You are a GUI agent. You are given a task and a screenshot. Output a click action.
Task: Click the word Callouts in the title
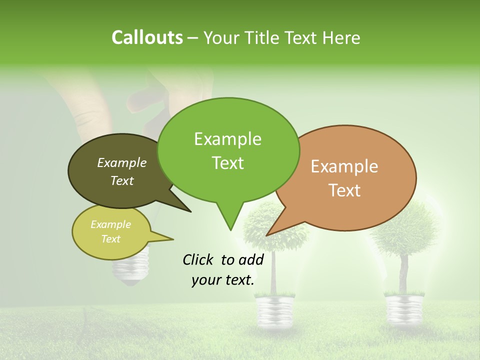coord(147,37)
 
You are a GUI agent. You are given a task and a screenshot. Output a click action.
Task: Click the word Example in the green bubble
coord(227,139)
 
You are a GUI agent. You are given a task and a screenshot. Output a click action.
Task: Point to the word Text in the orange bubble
coord(345,190)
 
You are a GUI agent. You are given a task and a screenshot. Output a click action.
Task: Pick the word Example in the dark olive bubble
coord(122,162)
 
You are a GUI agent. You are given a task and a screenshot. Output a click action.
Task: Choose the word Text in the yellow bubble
coord(111,239)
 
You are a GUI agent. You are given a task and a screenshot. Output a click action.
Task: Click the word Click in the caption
coord(199,259)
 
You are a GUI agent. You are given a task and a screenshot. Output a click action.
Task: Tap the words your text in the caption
coord(223,280)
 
